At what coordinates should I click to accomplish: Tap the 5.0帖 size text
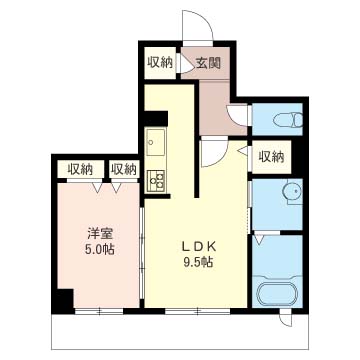[x=98, y=250]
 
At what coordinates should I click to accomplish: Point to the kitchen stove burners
[x=156, y=180]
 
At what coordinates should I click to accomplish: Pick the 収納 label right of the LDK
[x=270, y=156]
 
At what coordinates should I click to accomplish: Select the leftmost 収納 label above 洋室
[x=80, y=169]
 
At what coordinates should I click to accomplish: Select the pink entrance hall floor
[x=214, y=105]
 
